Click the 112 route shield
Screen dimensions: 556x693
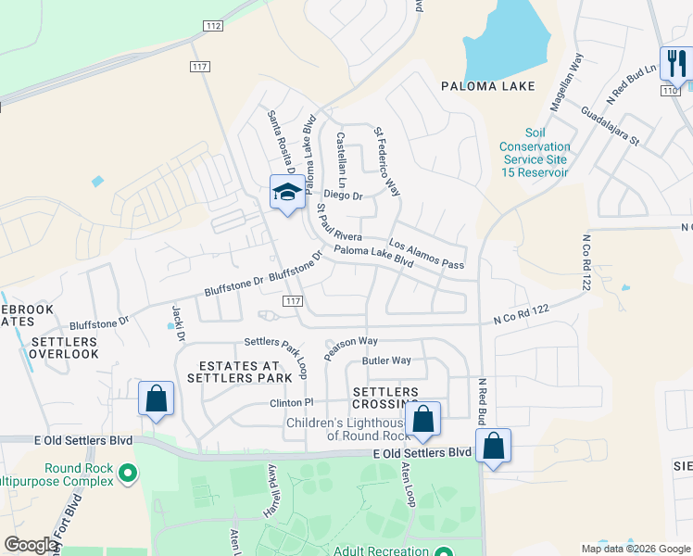[x=212, y=26]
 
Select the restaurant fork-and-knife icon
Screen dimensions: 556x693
[x=675, y=65]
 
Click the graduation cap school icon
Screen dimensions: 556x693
[x=287, y=193]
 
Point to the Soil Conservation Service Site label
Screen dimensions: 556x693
[x=535, y=153]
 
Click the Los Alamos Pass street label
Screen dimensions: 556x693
[x=426, y=255]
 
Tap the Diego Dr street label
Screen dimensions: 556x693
[x=344, y=196]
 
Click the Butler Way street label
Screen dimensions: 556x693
[x=386, y=360]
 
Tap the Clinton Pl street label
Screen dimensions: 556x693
[x=292, y=403]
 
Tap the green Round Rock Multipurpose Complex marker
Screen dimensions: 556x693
[x=129, y=474]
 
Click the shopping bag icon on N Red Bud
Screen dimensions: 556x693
[x=494, y=446]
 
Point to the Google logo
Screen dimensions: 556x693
[x=31, y=544]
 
